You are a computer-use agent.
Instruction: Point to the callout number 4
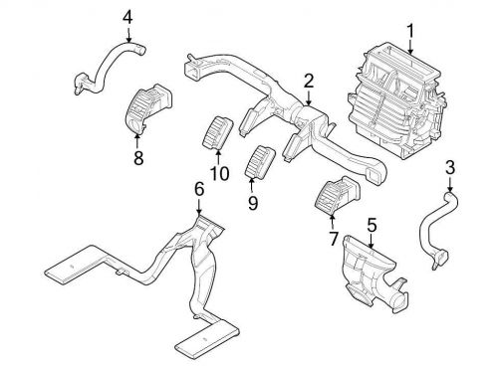(x=126, y=16)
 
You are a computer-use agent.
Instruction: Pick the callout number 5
(x=371, y=224)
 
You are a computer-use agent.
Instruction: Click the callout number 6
(x=199, y=189)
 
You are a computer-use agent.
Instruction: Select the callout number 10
(x=219, y=173)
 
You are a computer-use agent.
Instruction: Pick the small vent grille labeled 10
(x=218, y=132)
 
